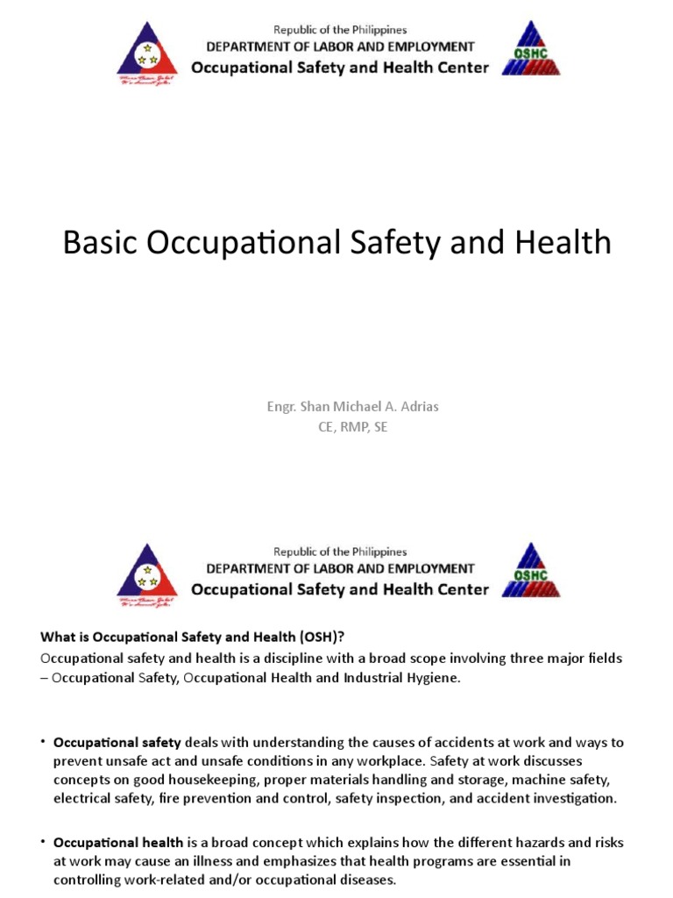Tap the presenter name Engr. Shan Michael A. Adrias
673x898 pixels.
click(339, 408)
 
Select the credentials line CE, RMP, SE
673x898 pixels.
click(339, 427)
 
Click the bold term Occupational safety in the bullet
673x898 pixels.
click(117, 742)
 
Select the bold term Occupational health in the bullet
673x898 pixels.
click(117, 842)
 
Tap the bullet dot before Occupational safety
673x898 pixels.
click(42, 742)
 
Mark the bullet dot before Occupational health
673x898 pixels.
click(42, 842)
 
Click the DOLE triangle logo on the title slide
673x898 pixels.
click(146, 53)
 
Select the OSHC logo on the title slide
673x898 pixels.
click(530, 51)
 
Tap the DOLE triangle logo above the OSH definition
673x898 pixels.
click(146, 574)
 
